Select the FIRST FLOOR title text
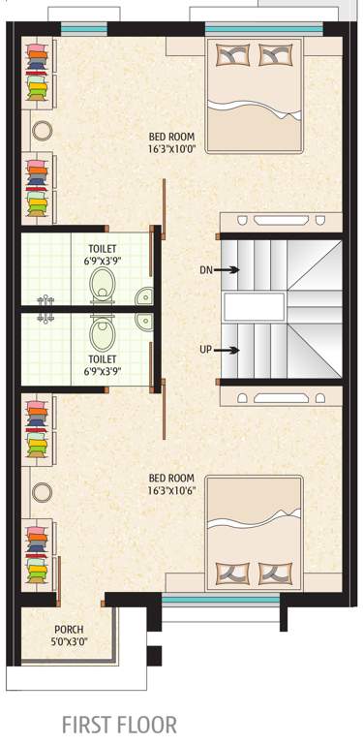click(119, 724)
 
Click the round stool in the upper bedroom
click(43, 130)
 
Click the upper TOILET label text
click(101, 249)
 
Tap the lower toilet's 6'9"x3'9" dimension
click(101, 371)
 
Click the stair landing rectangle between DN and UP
click(255, 309)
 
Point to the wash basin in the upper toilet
click(143, 296)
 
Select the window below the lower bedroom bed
click(221, 602)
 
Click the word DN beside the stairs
click(205, 270)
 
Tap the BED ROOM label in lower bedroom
click(171, 478)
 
